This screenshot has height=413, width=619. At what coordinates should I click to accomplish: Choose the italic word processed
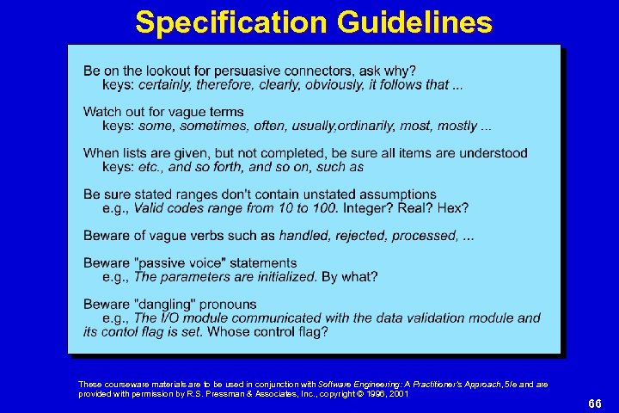point(427,236)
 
